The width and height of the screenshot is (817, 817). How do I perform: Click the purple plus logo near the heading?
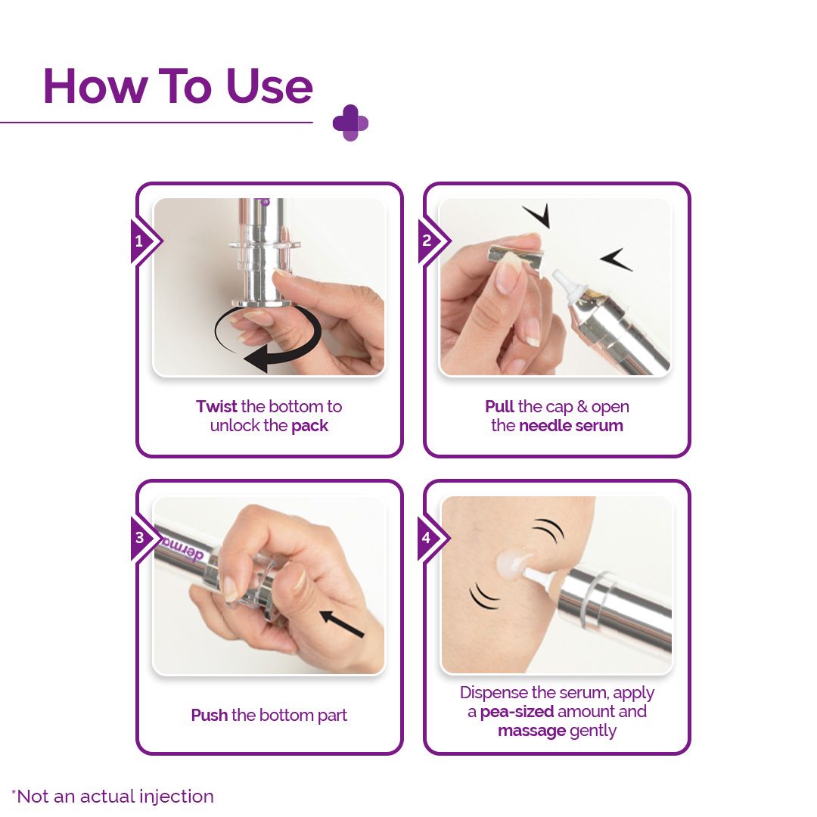tap(350, 123)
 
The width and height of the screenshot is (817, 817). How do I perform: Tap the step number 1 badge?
tap(139, 242)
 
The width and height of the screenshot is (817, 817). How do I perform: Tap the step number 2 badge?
tap(427, 241)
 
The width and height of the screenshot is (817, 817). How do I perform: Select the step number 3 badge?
tap(139, 539)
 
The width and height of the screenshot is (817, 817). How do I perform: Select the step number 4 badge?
tap(427, 539)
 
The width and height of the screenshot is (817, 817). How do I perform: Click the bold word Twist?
tap(216, 406)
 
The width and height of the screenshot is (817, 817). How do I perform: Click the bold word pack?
tap(310, 425)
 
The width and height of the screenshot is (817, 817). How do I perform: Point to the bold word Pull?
tap(499, 406)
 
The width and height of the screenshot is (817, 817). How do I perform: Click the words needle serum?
tap(571, 425)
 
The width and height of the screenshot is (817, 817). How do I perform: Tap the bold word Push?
tap(209, 715)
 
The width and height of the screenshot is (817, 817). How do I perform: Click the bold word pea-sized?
tap(517, 712)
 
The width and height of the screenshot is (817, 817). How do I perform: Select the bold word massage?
tap(532, 731)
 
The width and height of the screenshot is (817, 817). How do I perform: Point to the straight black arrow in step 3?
tap(341, 623)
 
